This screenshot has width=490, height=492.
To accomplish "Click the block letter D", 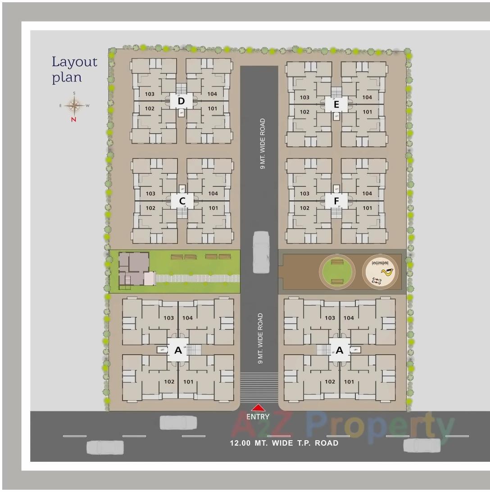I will click(181, 101).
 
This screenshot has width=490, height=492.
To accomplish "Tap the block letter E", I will click(336, 105).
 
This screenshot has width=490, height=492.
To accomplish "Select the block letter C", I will click(182, 200).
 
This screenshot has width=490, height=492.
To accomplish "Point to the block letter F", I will click(336, 201).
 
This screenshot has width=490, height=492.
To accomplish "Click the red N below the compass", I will click(73, 119).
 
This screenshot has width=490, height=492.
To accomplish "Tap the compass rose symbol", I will click(74, 106).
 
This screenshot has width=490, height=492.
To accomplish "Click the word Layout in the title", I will click(74, 62).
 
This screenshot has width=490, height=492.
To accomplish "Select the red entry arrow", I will click(258, 408).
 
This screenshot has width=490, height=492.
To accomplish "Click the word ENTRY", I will click(258, 417).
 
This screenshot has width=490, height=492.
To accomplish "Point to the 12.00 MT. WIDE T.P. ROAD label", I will click(284, 443).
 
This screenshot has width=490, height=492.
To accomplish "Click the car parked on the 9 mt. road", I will click(261, 252).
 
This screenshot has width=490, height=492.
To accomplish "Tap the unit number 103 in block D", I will click(150, 94).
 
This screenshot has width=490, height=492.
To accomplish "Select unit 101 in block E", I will click(367, 112).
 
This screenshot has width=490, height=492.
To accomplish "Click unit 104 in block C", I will click(213, 194).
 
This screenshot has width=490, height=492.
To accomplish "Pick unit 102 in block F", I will click(304, 208).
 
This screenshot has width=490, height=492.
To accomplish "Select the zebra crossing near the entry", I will click(259, 387).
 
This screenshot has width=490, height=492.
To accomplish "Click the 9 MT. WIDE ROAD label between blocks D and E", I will click(263, 144).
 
